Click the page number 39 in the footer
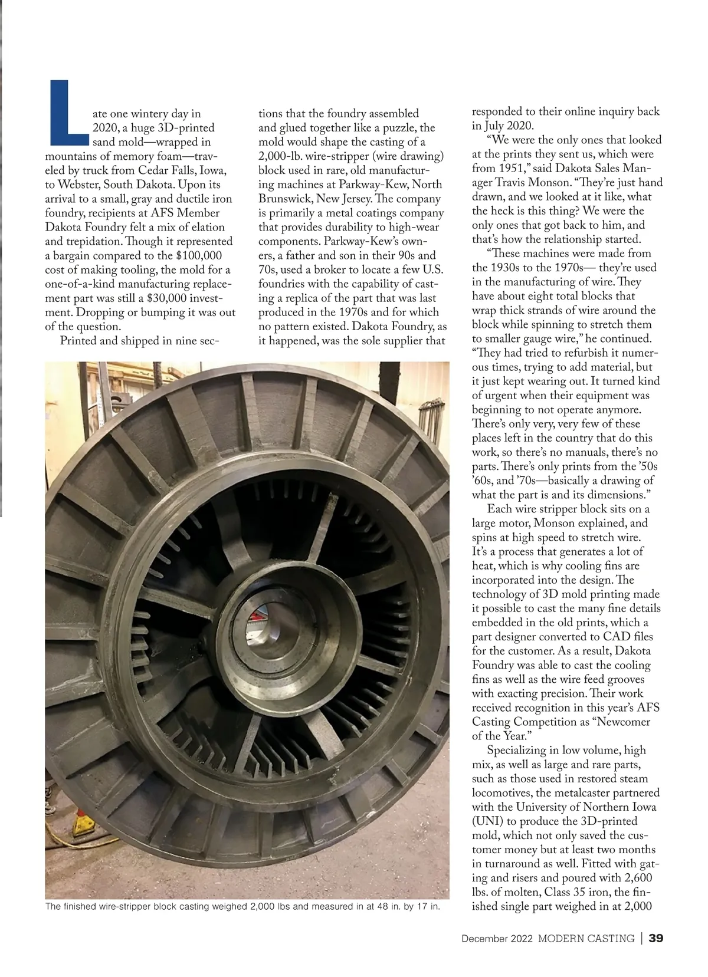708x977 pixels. [x=656, y=938]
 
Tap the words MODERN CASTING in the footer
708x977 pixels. [x=586, y=938]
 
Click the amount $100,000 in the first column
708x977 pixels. [x=199, y=255]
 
